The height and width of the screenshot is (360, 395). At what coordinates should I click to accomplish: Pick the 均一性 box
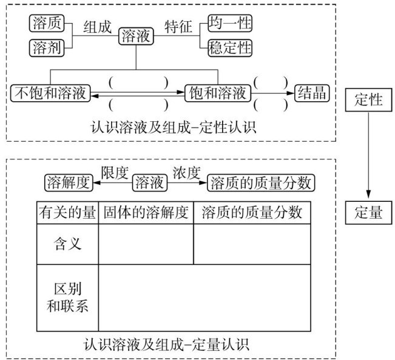229,24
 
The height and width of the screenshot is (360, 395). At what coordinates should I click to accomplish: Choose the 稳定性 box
229,47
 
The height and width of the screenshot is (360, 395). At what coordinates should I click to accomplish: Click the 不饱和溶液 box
50,93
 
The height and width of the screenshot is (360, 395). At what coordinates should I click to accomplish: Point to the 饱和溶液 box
217,93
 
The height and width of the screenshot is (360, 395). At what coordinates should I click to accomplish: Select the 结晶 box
312,93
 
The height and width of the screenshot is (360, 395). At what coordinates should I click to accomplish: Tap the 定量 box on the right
368,212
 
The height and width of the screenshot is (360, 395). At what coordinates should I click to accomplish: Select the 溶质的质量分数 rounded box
262,181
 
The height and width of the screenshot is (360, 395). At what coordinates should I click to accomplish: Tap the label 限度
114,172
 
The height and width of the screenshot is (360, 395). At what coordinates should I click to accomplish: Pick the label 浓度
186,172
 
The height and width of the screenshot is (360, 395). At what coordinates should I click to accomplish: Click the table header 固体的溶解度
146,212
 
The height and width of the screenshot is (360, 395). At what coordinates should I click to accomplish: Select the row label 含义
67,244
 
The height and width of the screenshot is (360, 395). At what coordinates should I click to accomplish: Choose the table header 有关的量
67,212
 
